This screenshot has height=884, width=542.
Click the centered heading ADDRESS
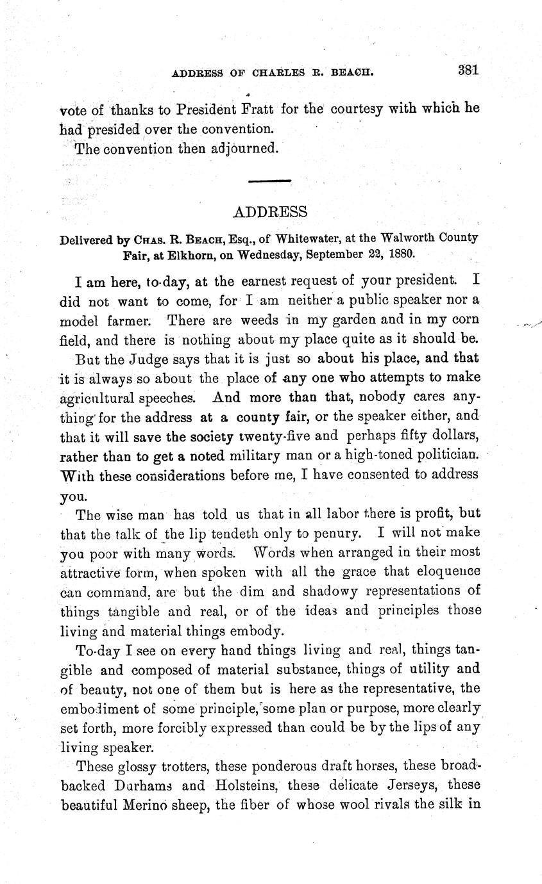pos(269,212)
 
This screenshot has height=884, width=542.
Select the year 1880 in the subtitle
pos(400,252)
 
